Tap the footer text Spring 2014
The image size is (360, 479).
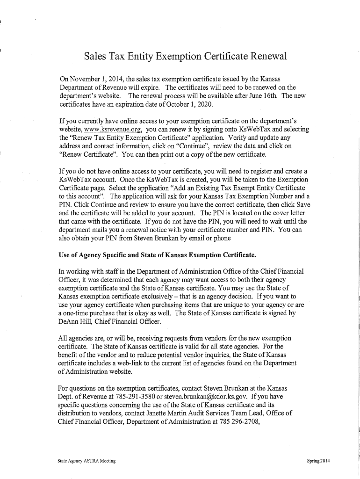point(318,461)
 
